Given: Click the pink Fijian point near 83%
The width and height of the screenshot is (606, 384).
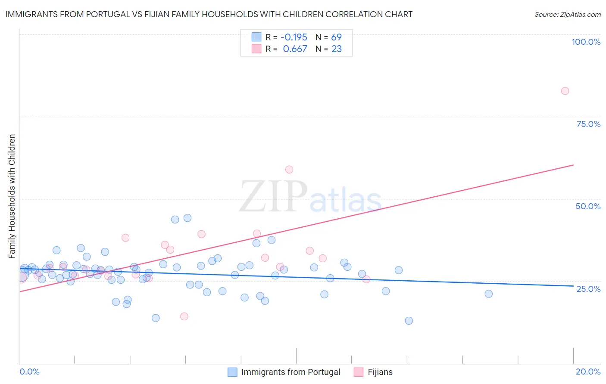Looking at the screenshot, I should coord(565,91).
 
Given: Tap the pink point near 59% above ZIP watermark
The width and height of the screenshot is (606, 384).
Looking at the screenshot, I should coord(289,170).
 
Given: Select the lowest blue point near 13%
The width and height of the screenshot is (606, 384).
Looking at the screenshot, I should coord(409,321).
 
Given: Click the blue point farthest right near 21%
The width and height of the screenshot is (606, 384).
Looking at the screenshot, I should coord(488,294).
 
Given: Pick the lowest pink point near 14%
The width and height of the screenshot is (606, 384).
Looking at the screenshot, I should coord(184,316).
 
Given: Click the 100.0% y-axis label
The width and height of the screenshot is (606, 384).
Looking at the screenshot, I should coord(586,42).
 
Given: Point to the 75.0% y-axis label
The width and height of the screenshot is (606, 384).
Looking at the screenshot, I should coord(588,124).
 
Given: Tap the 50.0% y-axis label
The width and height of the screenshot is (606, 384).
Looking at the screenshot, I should coord(588,206).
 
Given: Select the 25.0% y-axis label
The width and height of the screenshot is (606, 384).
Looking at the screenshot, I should coord(588,288).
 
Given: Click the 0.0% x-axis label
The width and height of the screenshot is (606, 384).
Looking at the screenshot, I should coord(29,372).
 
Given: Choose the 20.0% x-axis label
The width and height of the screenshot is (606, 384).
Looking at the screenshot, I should coord(588,372).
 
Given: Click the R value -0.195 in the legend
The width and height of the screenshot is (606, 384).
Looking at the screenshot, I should coord(294,37).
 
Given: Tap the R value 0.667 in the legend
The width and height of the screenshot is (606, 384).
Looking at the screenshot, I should coord(295,49).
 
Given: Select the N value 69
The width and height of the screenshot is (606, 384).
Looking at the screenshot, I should coord(336,37).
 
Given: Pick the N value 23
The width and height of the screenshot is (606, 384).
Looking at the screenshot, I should coord(336,49).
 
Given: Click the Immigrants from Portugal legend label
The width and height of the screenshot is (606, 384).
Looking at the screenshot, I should coord(291,372).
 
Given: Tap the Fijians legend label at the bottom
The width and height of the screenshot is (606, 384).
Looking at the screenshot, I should coord(380,372).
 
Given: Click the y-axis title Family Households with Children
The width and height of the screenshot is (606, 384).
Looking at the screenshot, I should coord(12,196).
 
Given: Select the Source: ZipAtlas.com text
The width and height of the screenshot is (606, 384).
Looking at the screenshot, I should coord(567,15).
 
